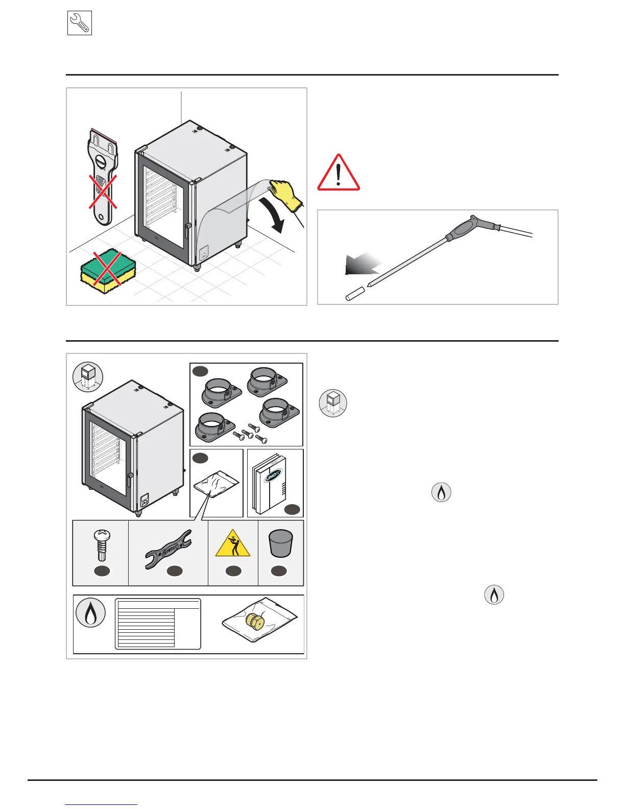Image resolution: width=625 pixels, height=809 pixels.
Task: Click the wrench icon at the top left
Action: point(80,23)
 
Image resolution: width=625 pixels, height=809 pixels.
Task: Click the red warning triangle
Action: point(339,174)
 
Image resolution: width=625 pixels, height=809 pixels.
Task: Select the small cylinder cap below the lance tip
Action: point(354,294)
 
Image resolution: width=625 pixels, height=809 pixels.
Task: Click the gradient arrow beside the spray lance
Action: point(362,266)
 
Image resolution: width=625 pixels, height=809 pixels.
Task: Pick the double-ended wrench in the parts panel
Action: point(168,549)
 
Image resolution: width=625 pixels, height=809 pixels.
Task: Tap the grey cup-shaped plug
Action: point(280,542)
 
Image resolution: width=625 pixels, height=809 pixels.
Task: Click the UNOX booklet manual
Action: point(271,483)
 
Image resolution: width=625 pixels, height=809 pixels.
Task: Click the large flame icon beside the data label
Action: point(90,613)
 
